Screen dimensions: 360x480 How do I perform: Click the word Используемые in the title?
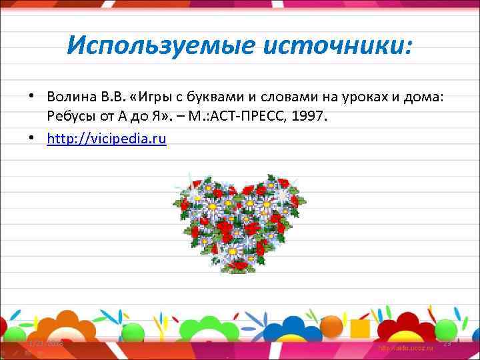161,46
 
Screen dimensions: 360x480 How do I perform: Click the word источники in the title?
338,46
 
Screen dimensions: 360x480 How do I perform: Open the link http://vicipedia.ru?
106,138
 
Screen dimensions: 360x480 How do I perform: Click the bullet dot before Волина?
31,97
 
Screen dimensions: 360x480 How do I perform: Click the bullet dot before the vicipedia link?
31,139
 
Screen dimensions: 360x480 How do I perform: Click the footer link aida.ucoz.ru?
405,349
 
